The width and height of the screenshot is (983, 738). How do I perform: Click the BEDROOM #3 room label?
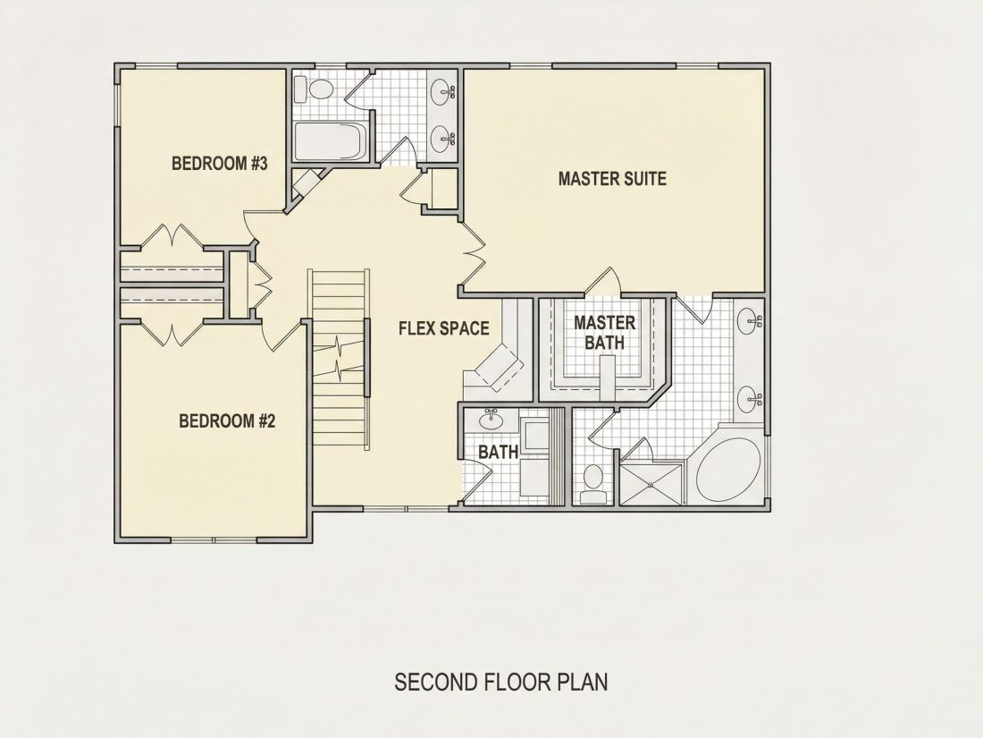click(x=220, y=164)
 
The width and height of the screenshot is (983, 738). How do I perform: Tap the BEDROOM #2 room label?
click(x=227, y=420)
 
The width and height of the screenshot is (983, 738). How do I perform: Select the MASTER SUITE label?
click(x=612, y=179)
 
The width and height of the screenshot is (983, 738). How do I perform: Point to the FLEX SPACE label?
click(x=444, y=328)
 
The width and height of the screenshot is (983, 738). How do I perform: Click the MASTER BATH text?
click(x=605, y=333)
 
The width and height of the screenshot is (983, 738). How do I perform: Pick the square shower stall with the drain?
click(x=650, y=484)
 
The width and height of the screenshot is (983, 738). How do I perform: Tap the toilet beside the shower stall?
click(x=593, y=484)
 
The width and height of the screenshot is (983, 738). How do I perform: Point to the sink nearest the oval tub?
click(x=749, y=399)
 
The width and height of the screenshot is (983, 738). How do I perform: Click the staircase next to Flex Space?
click(x=340, y=359)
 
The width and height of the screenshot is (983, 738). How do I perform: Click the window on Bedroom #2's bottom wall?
click(x=214, y=539)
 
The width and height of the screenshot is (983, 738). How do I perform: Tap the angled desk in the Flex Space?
click(x=499, y=367)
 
